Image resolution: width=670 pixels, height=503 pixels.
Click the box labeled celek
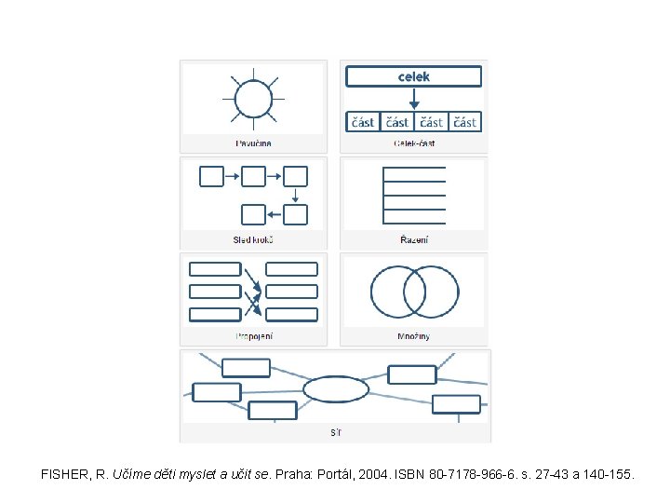[414, 76]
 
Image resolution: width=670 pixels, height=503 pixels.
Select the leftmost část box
[362, 122]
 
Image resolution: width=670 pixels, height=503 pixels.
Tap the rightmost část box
[465, 122]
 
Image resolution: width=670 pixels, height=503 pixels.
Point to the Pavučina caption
[253, 143]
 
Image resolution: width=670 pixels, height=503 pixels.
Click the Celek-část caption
[414, 143]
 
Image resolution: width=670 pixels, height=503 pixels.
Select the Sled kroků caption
[253, 239]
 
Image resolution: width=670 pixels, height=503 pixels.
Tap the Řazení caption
[414, 239]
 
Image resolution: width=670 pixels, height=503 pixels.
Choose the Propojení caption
[253, 335]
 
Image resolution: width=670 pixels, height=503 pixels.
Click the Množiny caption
[414, 335]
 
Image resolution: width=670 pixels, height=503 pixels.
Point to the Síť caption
[335, 433]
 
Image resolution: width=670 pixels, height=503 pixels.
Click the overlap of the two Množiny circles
[414, 292]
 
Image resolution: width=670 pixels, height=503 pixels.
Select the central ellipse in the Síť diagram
[336, 388]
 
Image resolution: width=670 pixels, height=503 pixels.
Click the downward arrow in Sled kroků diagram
[295, 196]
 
